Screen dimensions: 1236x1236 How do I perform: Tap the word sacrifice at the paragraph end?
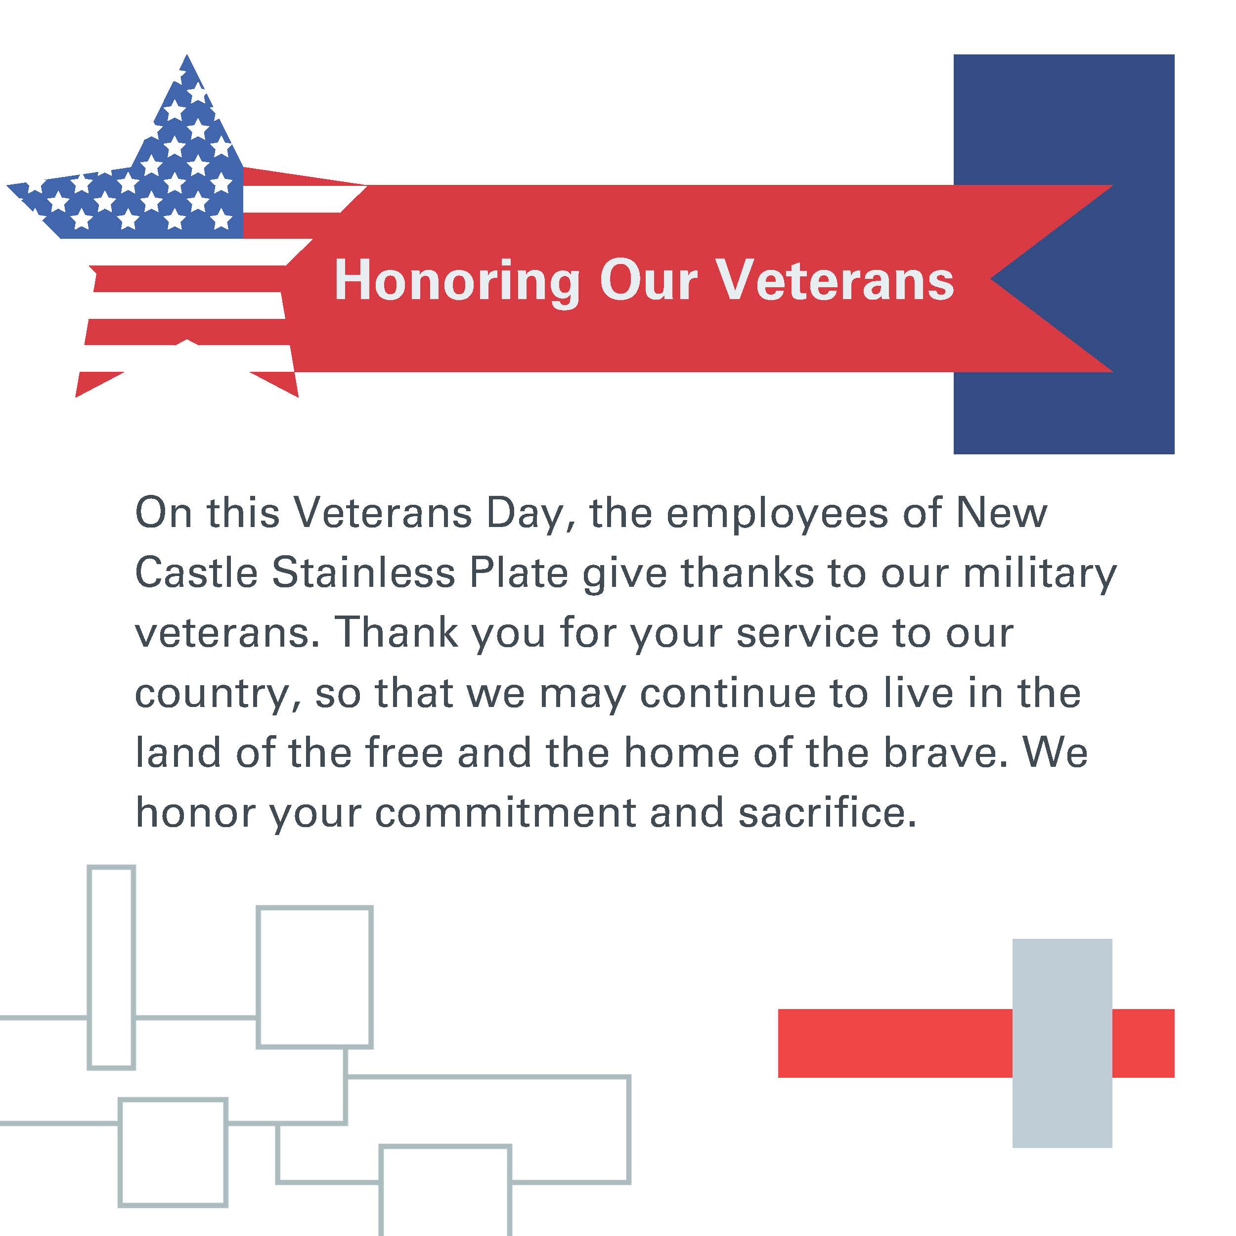pyautogui.click(x=827, y=812)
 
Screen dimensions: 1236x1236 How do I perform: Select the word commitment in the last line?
pyautogui.click(x=505, y=812)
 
